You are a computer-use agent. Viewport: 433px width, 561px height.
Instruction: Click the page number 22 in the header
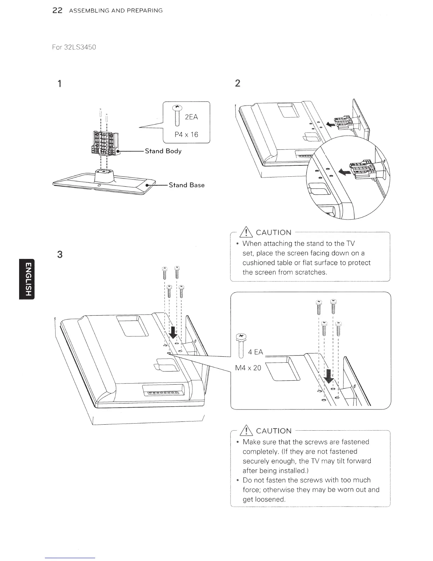coord(57,11)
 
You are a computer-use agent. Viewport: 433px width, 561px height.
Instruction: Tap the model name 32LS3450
coord(80,47)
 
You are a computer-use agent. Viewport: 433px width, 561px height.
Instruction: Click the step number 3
coord(60,254)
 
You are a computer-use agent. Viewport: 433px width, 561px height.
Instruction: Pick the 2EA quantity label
coord(191,117)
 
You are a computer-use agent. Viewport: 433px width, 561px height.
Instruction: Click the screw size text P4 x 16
coord(186,135)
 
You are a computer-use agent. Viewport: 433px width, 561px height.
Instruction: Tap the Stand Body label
coord(163,151)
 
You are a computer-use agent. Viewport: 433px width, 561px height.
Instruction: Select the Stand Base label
coord(186,185)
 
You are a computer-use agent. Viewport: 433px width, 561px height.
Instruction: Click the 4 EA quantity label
coord(256,352)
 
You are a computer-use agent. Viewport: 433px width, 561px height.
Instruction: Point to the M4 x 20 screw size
coord(248,368)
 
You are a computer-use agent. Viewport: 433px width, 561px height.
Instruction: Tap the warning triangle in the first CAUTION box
coord(246,232)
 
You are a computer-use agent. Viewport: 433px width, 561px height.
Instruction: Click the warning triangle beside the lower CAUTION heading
coord(246,431)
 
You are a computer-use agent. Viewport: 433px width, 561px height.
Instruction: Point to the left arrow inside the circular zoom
coord(343,172)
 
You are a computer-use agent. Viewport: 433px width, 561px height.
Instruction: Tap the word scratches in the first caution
coord(311,272)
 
